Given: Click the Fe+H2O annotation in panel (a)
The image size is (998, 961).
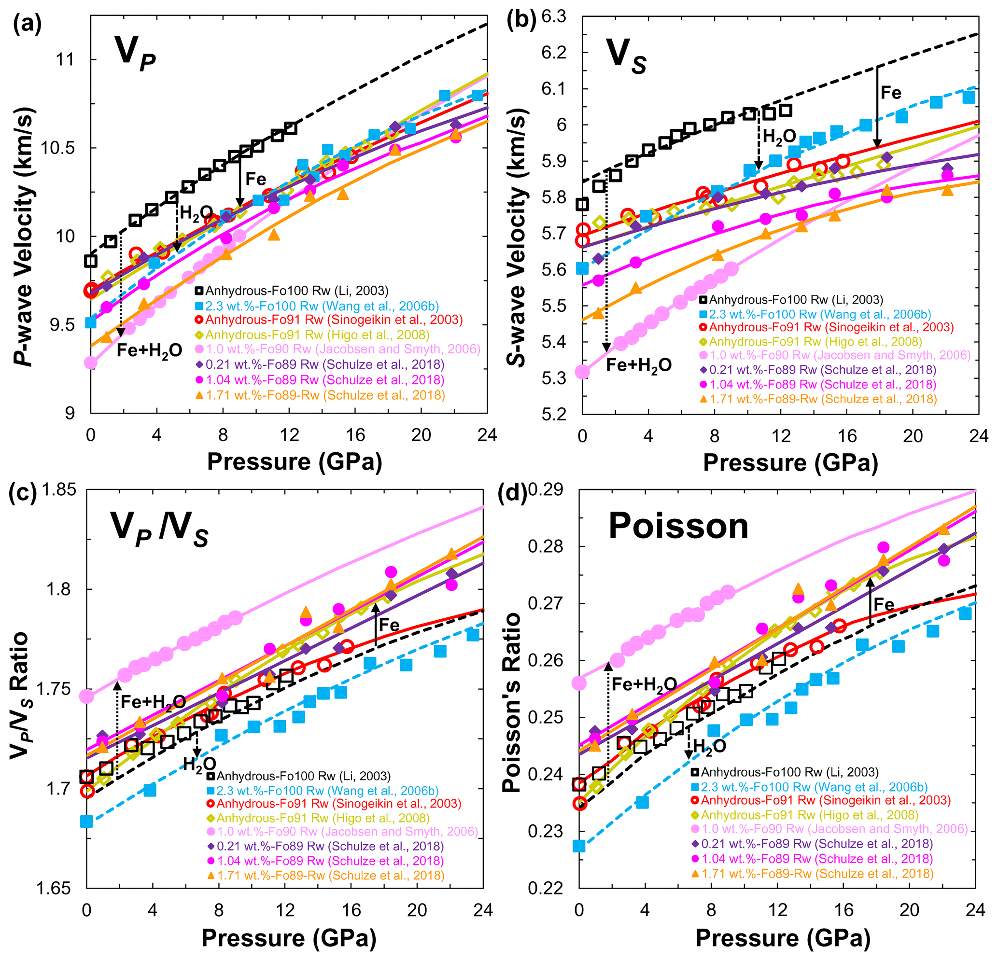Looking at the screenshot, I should [x=149, y=351].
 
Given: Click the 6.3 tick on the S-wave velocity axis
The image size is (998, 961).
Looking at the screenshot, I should [x=553, y=17].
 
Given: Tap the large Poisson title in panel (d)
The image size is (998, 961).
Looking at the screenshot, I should [x=678, y=526].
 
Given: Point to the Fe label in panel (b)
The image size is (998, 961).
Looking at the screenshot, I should [x=891, y=93].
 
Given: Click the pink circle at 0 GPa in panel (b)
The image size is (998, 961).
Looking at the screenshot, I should [x=582, y=372].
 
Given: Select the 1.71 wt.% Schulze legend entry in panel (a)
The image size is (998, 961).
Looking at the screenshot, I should [x=325, y=395].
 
